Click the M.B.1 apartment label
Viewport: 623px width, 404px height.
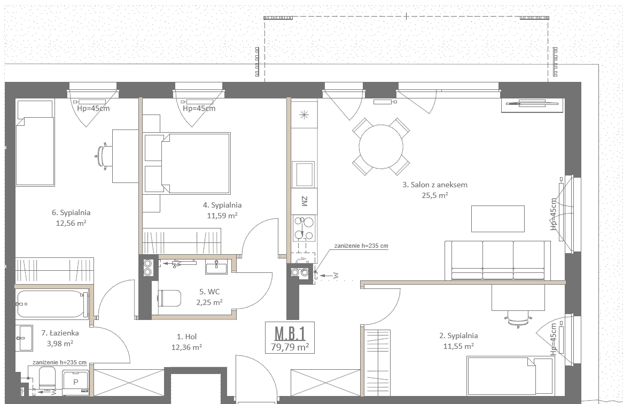click(290, 333)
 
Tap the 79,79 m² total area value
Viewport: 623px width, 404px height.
click(290, 347)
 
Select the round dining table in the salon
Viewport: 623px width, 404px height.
click(381, 147)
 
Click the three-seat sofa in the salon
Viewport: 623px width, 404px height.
click(498, 261)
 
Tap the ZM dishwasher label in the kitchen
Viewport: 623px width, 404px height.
click(305, 201)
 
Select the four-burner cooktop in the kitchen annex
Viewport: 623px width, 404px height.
click(304, 228)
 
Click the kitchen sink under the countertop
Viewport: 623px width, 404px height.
click(303, 174)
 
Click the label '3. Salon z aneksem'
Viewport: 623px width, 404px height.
click(435, 185)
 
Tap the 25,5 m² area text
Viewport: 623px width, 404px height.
click(435, 195)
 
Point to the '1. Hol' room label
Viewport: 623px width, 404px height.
click(186, 337)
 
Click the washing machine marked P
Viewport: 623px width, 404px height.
click(75, 383)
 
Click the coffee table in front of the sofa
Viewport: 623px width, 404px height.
click(498, 218)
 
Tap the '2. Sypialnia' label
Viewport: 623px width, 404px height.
click(458, 336)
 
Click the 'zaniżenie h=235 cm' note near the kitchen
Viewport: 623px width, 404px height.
click(361, 246)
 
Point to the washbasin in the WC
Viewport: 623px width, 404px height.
click(216, 266)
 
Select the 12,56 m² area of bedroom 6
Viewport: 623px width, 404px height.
click(71, 223)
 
